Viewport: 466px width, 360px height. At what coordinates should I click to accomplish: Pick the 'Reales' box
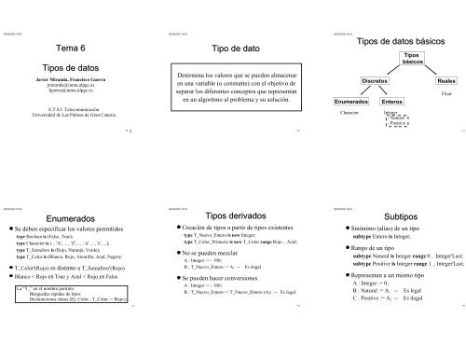click(x=445, y=83)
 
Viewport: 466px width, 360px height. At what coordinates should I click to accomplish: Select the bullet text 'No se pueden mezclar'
click(x=215, y=252)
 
